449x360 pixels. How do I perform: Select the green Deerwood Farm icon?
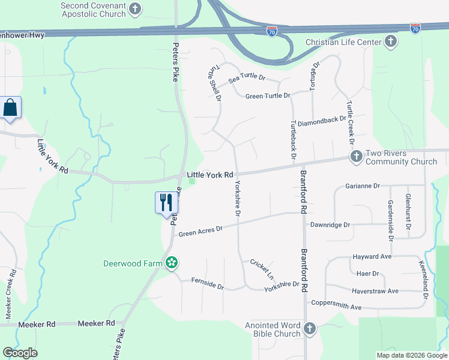[172, 263]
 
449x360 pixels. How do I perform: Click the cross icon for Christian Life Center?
[391, 41]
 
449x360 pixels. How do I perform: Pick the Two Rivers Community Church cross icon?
[356, 157]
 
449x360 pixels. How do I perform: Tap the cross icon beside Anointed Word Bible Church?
[309, 328]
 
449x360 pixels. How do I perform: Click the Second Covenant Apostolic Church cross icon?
[136, 8]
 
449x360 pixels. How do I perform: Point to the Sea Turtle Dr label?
[247, 77]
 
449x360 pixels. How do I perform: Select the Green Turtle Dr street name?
[268, 96]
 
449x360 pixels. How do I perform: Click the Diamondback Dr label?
[322, 119]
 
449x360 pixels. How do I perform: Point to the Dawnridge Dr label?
[330, 225]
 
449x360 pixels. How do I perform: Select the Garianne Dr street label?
[363, 186]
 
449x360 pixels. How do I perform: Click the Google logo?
[20, 353]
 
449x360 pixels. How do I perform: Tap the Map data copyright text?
[411, 355]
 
